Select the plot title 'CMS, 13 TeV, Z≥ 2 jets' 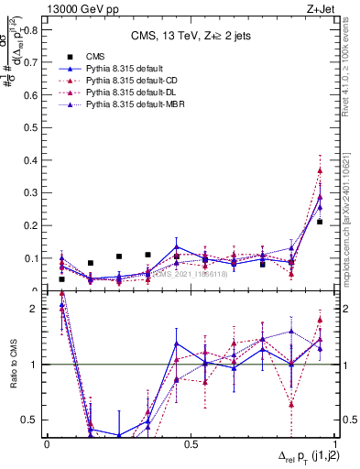[x=190, y=37]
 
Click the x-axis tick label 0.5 [x=191, y=443]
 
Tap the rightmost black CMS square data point [x=320, y=222]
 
